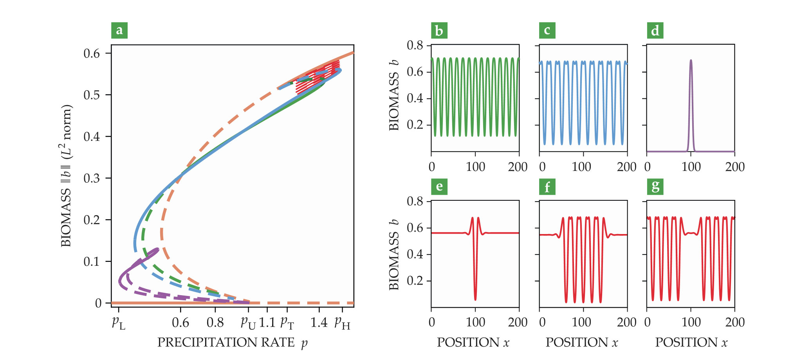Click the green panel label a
pyautogui.click(x=119, y=30)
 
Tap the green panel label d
pyautogui.click(x=655, y=30)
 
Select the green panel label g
pyautogui.click(x=655, y=186)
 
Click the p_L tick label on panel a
pyautogui.click(x=119, y=323)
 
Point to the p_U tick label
pyautogui.click(x=248, y=323)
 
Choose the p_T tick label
pyautogui.click(x=287, y=323)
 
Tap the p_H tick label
pyautogui.click(x=342, y=323)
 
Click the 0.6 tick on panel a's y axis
pyautogui.click(x=92, y=53)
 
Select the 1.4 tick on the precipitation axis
pyautogui.click(x=319, y=323)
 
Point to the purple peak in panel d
pyautogui.click(x=691, y=61)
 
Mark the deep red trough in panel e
pyautogui.click(x=475, y=299)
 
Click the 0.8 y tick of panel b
pyautogui.click(x=415, y=45)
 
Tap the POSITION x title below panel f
pyautogui.click(x=582, y=343)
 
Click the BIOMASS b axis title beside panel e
pyautogui.click(x=394, y=255)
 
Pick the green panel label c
pyautogui.click(x=547, y=30)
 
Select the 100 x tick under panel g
pyautogui.click(x=691, y=322)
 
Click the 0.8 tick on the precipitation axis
pyautogui.click(x=215, y=323)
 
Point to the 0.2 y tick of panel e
pyautogui.click(x=415, y=281)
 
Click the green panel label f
pyautogui.click(x=547, y=186)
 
